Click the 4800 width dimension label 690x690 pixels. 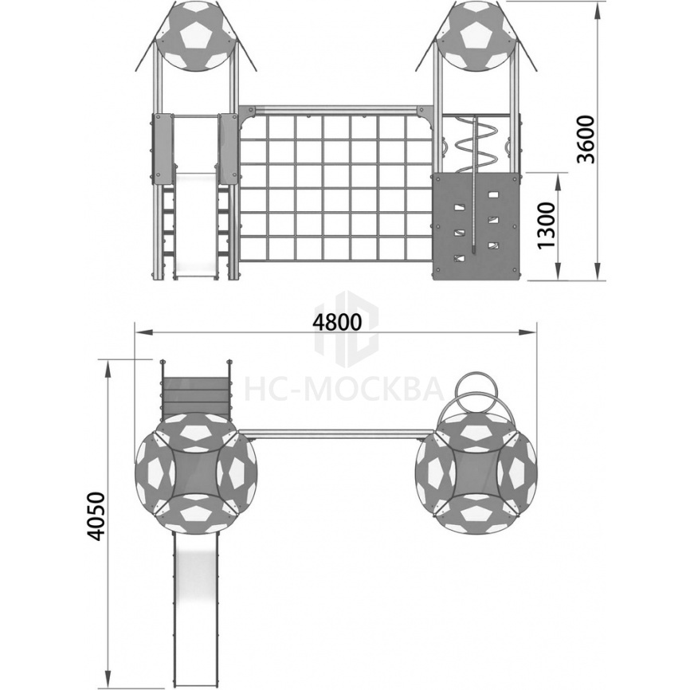pos(337,323)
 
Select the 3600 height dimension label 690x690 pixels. pos(586,139)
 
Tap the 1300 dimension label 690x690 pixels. pos(546,225)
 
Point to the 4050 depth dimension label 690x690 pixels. pos(96,516)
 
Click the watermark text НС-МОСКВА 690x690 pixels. pos(343,389)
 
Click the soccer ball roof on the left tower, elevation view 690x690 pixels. pos(195,36)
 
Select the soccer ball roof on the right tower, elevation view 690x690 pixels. pos(477,36)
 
